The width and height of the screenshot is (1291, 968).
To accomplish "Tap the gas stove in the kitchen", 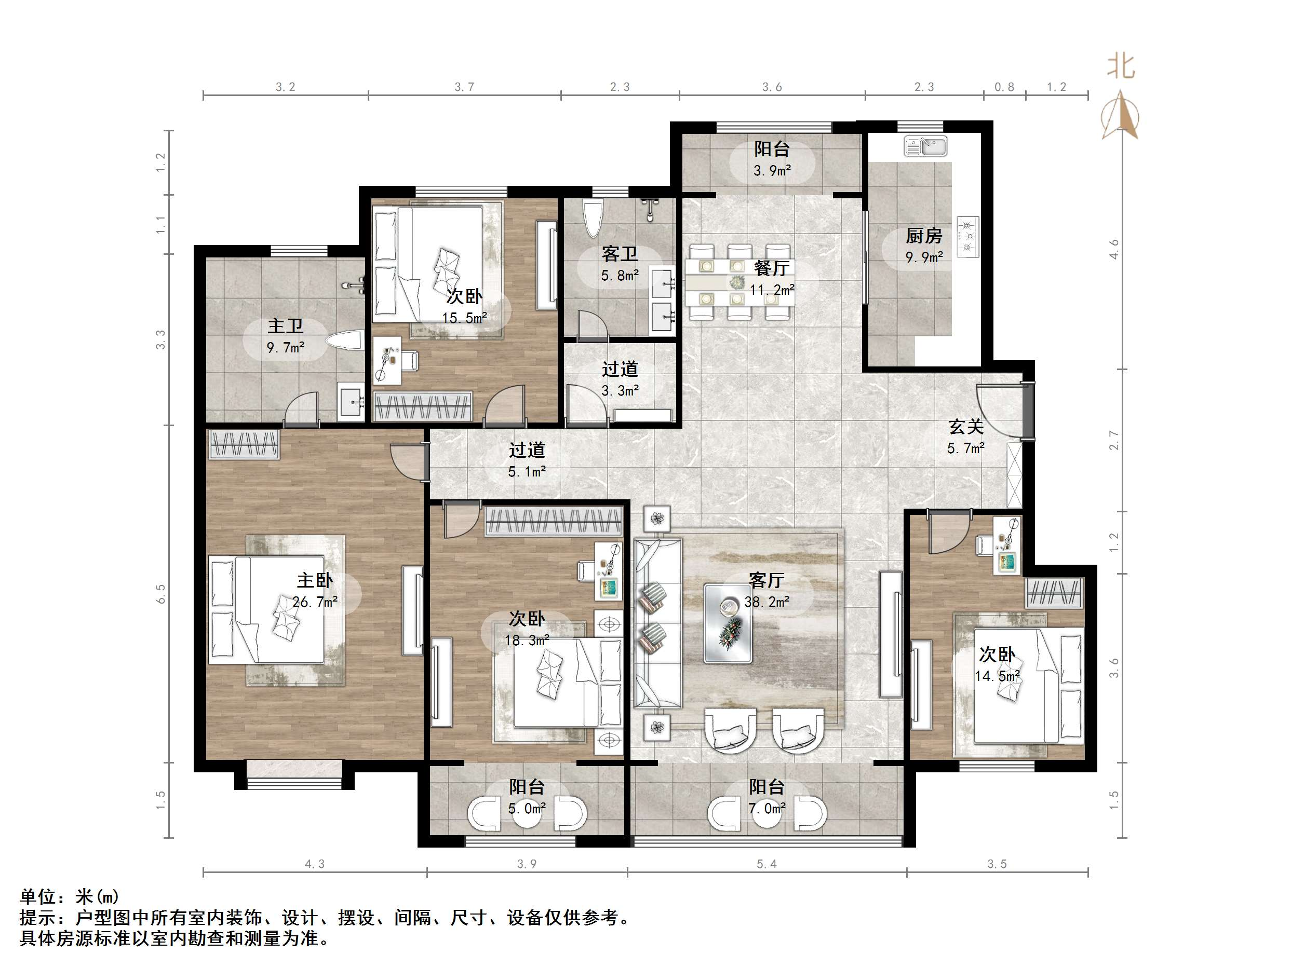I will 968,236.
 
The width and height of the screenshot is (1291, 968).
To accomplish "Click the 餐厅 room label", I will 772,268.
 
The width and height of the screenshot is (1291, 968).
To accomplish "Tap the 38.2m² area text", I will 767,602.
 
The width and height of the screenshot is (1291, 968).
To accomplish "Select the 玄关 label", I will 966,427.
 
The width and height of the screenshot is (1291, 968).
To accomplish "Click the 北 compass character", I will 1121,66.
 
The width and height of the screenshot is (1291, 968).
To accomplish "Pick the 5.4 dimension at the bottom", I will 767,864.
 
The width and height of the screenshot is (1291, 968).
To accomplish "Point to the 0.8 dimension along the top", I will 1004,88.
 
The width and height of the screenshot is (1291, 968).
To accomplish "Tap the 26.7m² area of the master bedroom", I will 315,602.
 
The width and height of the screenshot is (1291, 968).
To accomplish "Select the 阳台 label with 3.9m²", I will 772,149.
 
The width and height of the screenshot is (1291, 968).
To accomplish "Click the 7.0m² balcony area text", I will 767,809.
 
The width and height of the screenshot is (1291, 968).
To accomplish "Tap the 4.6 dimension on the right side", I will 1114,249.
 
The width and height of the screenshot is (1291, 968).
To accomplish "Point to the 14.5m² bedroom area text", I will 997,676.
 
